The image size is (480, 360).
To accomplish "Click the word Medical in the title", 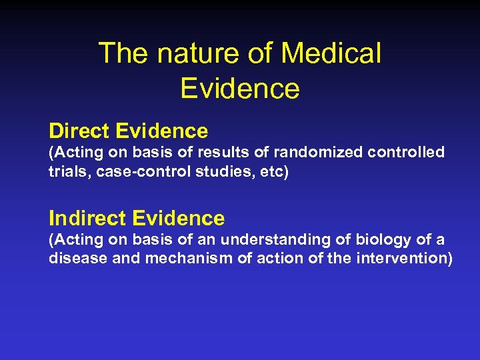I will pos(331,53).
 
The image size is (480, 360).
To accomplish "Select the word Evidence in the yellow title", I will pos(239,88).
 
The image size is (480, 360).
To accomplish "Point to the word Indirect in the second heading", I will pos(87,218).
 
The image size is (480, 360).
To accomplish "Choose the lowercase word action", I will pos(276,257).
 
